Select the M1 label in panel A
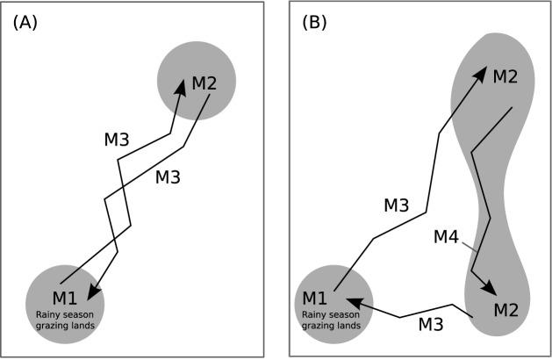tap(66, 297)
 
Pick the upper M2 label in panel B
tap(505, 76)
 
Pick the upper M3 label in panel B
tap(396, 205)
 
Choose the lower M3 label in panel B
tap(430, 324)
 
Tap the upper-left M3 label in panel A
tap(117, 140)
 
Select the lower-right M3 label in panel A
tap(168, 176)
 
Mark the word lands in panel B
tap(348, 326)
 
